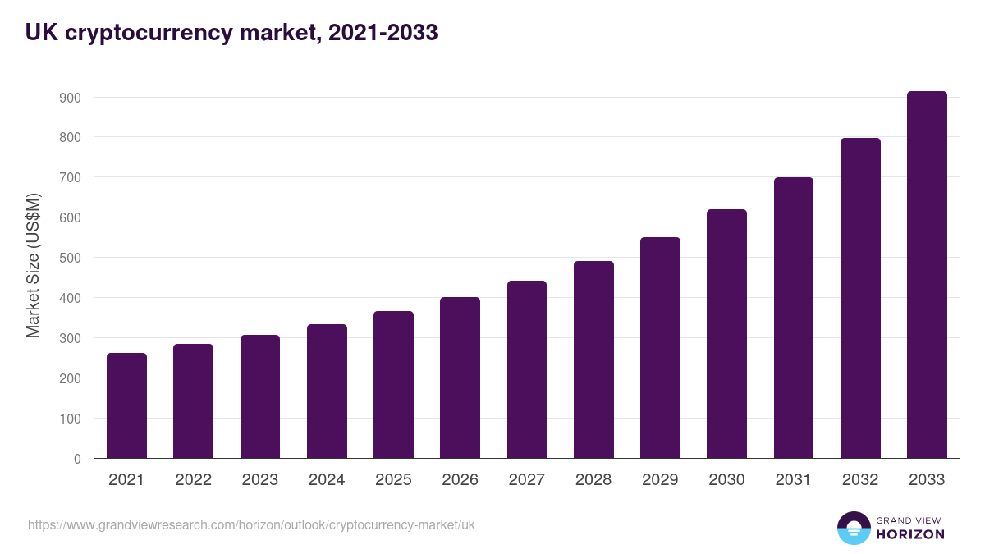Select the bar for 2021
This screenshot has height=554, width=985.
point(126,405)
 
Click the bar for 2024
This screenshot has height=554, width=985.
point(327,391)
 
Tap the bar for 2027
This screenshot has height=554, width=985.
point(527,369)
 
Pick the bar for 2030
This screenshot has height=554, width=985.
point(727,334)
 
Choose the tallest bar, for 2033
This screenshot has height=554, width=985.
point(927,275)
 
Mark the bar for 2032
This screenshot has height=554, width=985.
point(860,298)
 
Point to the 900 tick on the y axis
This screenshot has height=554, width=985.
point(71,98)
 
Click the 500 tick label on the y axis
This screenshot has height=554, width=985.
point(71,258)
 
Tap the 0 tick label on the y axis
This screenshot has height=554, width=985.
point(77,459)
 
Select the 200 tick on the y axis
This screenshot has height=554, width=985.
point(71,378)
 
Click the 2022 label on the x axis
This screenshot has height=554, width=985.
point(193,480)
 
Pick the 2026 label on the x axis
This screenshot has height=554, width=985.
point(460,480)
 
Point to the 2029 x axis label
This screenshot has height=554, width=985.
point(660,480)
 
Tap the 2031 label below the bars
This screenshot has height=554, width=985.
point(794,480)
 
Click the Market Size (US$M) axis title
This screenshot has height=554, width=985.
point(33,264)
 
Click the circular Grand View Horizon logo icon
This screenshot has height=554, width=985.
point(854,528)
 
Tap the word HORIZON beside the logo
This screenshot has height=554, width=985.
point(910,534)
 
